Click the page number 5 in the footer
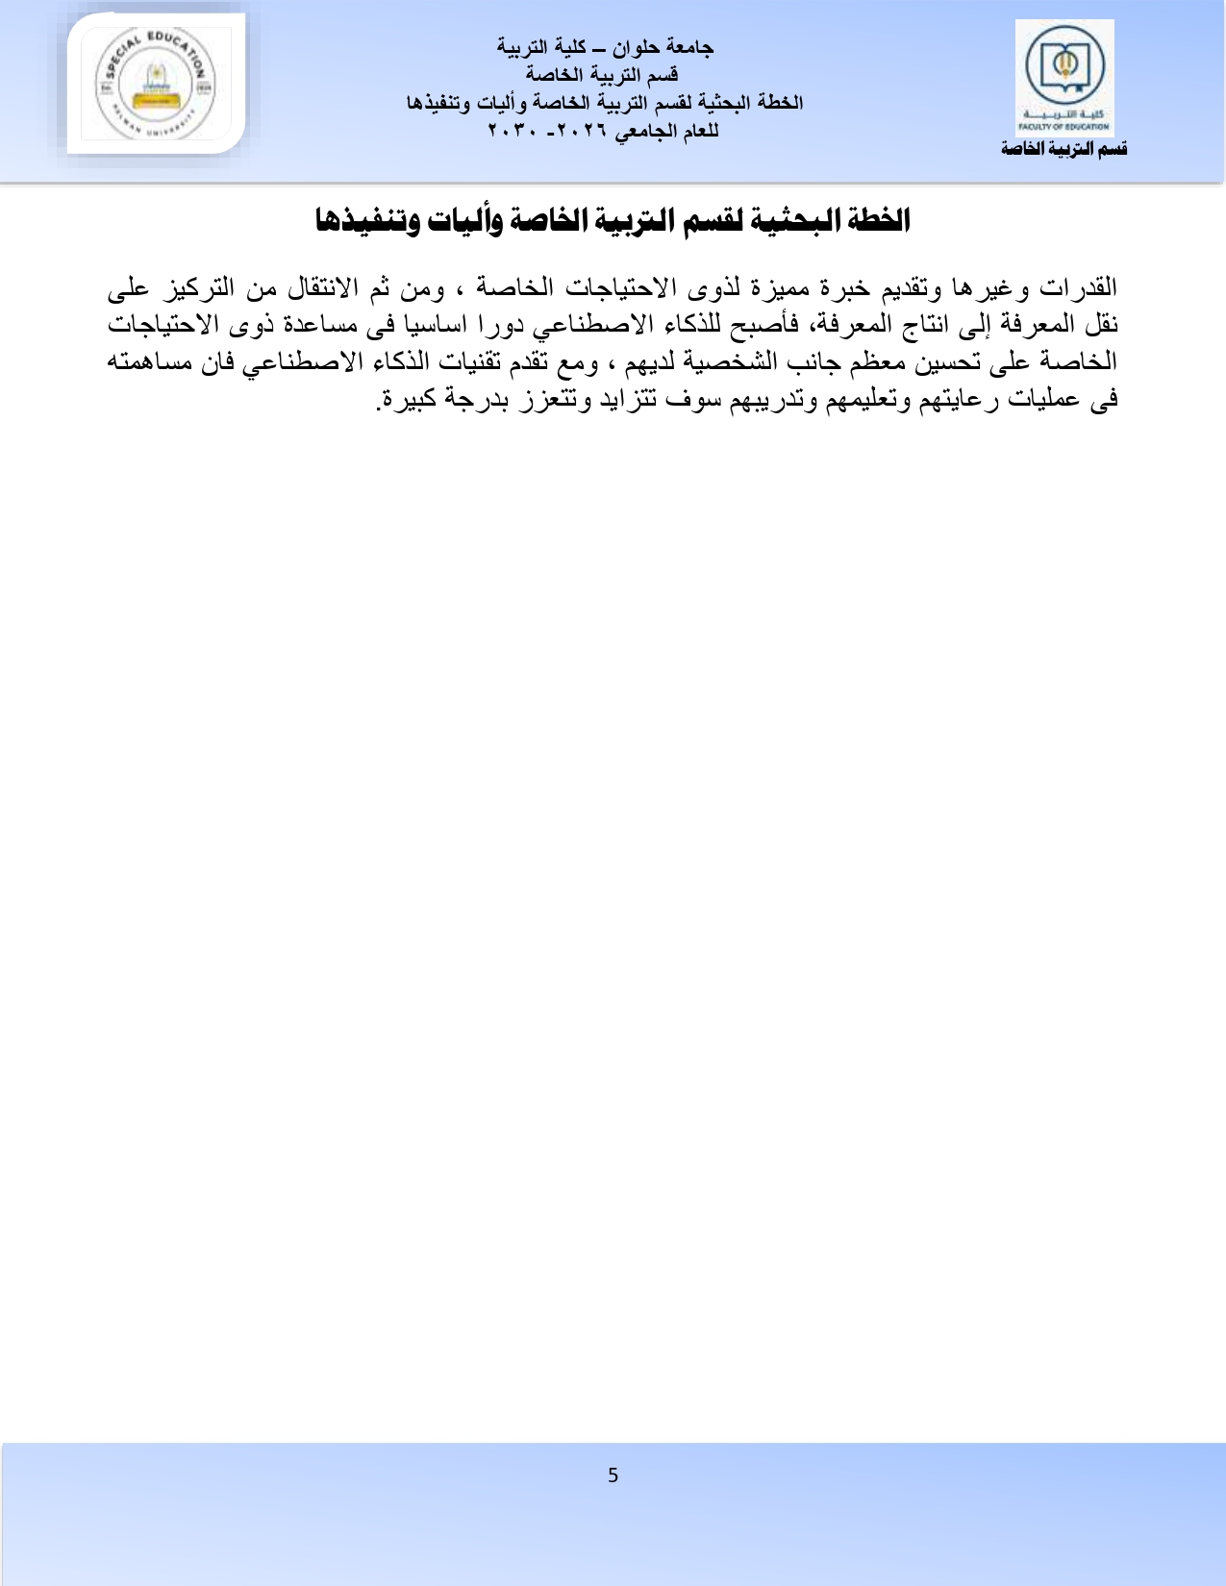coord(613,1475)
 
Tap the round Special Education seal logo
coord(156,85)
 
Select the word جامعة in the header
coord(689,47)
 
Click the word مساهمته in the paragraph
coord(145,362)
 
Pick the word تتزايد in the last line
coord(626,400)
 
